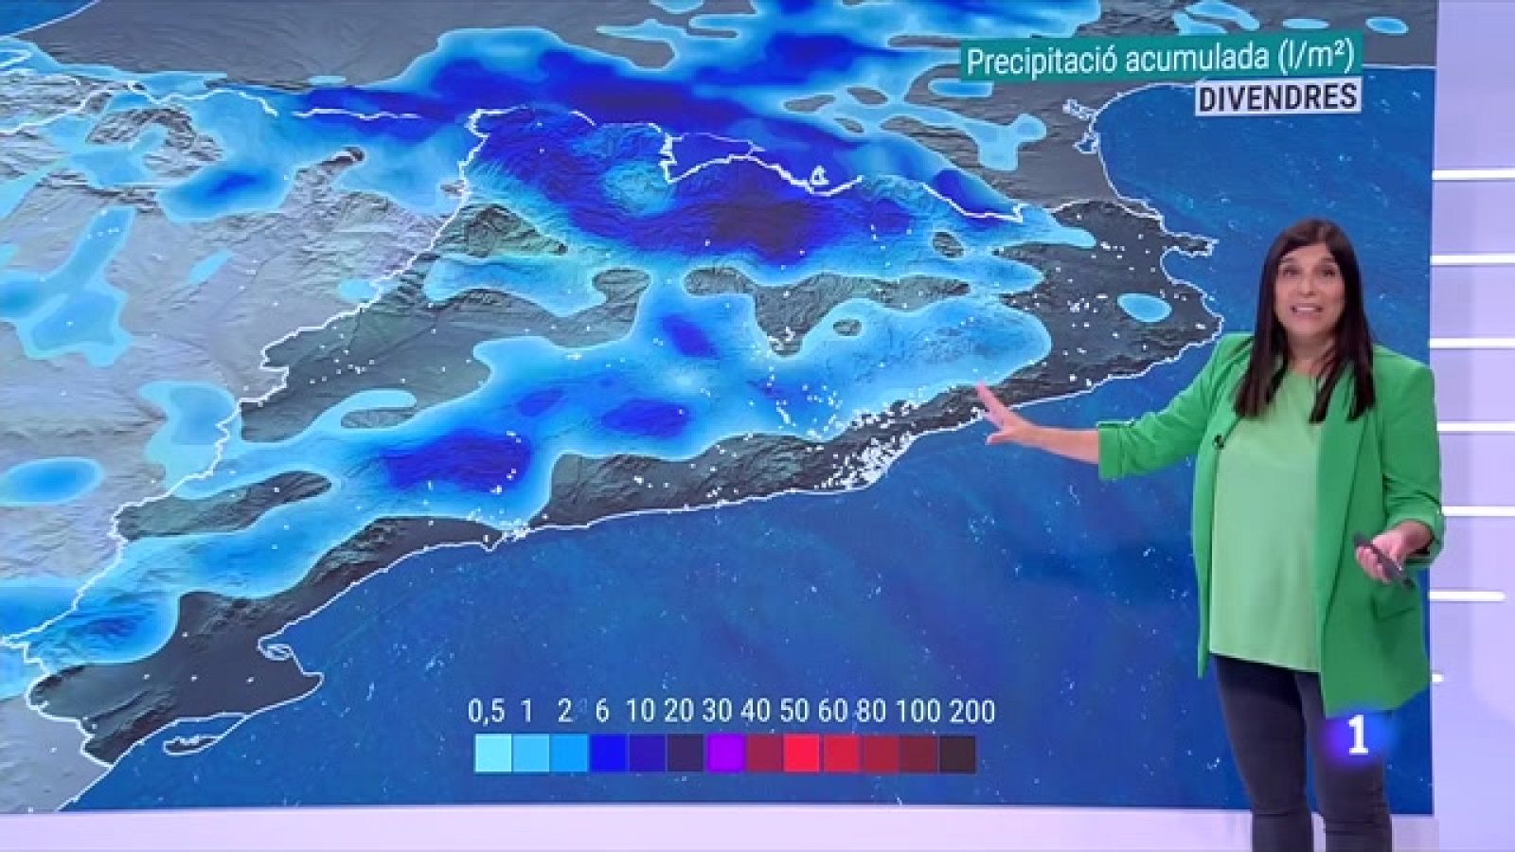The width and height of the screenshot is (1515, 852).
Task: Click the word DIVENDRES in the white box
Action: pyautogui.click(x=1276, y=96)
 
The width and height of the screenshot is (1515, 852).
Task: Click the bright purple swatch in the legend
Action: pyautogui.click(x=724, y=754)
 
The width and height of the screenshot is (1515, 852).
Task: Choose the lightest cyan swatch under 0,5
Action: pyautogui.click(x=491, y=754)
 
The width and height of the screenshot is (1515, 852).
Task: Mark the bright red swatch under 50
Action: pyautogui.click(x=802, y=754)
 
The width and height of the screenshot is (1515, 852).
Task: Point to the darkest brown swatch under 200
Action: pyautogui.click(x=957, y=754)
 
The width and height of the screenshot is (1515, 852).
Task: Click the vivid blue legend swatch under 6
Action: pyautogui.click(x=608, y=754)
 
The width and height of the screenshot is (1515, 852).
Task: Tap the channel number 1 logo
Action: pyautogui.click(x=1359, y=736)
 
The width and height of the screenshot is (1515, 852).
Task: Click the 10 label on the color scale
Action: pyautogui.click(x=641, y=711)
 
